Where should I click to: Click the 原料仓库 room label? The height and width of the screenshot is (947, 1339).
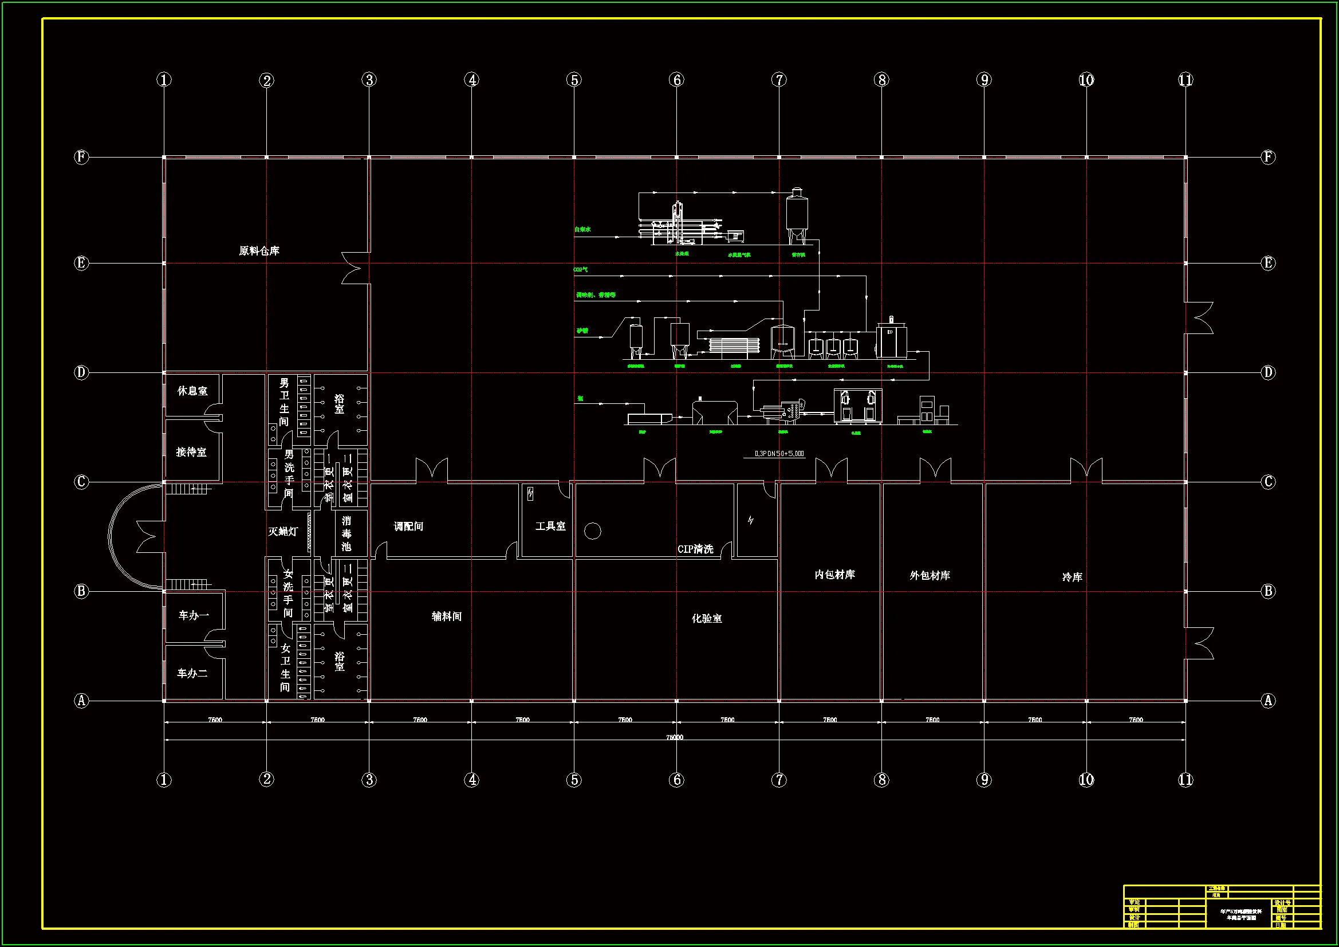(259, 251)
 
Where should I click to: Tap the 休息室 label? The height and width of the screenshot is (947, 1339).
(192, 391)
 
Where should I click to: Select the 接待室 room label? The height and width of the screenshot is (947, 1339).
(191, 452)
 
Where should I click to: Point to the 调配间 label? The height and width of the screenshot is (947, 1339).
(408, 526)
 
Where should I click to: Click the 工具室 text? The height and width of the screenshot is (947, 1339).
(550, 526)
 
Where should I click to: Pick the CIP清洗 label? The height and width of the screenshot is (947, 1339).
(695, 549)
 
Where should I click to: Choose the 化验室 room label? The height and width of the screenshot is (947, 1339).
(706, 619)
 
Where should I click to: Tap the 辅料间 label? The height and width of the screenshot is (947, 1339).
(446, 617)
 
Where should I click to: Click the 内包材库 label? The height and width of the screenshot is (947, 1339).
(834, 575)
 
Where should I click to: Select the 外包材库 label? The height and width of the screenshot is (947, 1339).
(930, 575)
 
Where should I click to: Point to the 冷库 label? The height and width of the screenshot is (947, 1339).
(1072, 577)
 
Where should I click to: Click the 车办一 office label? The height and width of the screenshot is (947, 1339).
(194, 615)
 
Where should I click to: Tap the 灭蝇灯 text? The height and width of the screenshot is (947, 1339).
(283, 532)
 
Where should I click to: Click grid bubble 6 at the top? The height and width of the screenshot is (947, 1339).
(676, 80)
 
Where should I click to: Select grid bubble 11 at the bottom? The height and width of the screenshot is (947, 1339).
(1186, 780)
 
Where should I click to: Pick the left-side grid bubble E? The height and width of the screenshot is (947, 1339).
(81, 263)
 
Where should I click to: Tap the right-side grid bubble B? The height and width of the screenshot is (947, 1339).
(1268, 591)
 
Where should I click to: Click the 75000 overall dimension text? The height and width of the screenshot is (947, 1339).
(675, 737)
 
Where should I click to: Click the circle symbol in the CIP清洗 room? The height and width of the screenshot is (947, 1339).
(593, 531)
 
